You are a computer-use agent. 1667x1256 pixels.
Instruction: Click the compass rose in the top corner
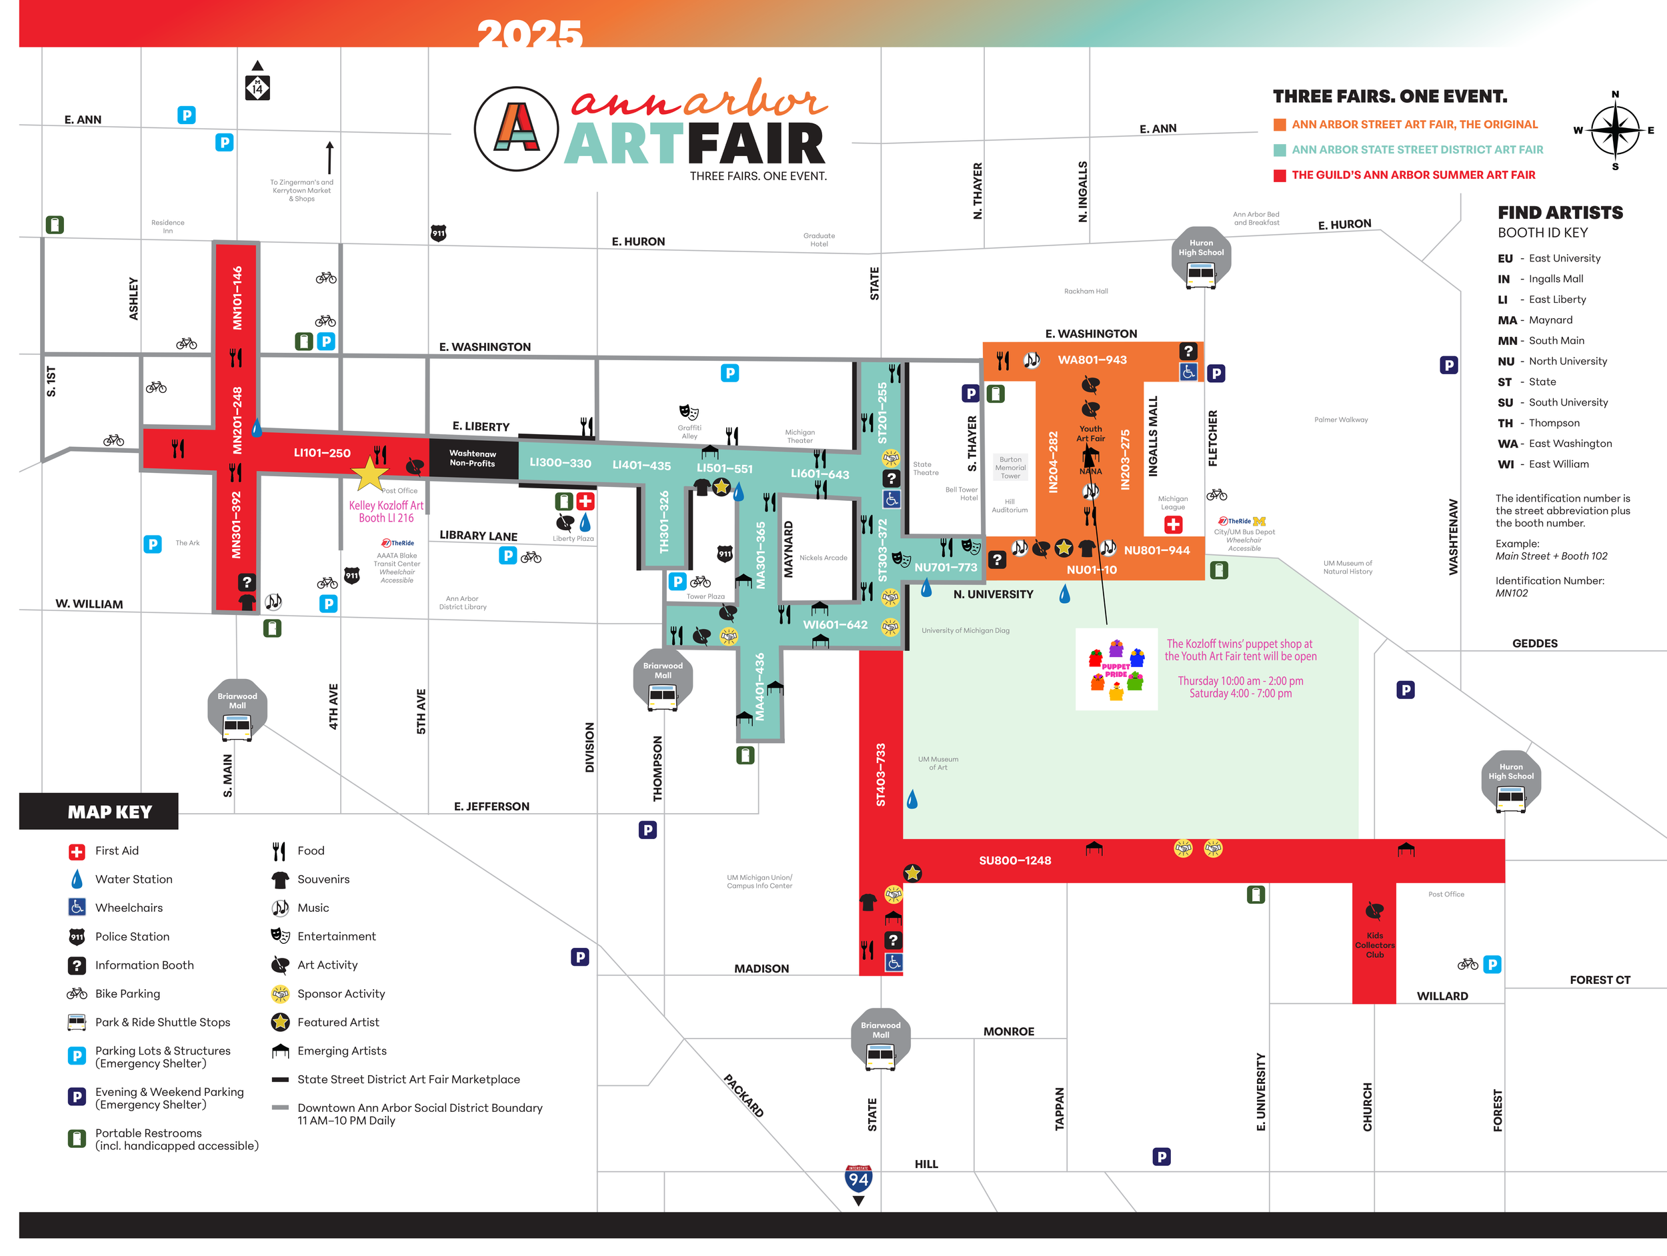pyautogui.click(x=1614, y=129)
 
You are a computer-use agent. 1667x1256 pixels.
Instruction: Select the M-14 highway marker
pyautogui.click(x=258, y=87)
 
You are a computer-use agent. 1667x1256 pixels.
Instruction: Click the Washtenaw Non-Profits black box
pyautogui.click(x=473, y=458)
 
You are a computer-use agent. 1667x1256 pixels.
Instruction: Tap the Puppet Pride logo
pyautogui.click(x=1116, y=670)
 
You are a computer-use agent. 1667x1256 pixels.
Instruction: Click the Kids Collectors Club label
pyautogui.click(x=1374, y=945)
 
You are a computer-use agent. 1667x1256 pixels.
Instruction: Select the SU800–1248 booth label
pyautogui.click(x=1014, y=860)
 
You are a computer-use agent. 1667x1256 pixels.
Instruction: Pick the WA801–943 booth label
pyautogui.click(x=1092, y=360)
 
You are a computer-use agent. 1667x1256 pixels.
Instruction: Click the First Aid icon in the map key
pyautogui.click(x=77, y=851)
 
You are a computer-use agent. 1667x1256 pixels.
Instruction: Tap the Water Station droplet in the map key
pyautogui.click(x=77, y=879)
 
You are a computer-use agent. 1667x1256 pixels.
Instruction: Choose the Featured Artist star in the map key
pyautogui.click(x=280, y=1023)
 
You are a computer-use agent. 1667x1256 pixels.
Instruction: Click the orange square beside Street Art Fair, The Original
pyautogui.click(x=1280, y=124)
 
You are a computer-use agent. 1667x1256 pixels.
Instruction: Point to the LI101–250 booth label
pyautogui.click(x=322, y=452)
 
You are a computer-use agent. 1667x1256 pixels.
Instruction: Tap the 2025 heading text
pyautogui.click(x=530, y=33)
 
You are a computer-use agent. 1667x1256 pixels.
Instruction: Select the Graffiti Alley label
pyautogui.click(x=689, y=432)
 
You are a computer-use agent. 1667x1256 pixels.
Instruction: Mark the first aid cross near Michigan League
pyautogui.click(x=1174, y=525)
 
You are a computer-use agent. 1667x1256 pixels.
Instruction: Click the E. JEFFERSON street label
pyautogui.click(x=491, y=806)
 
